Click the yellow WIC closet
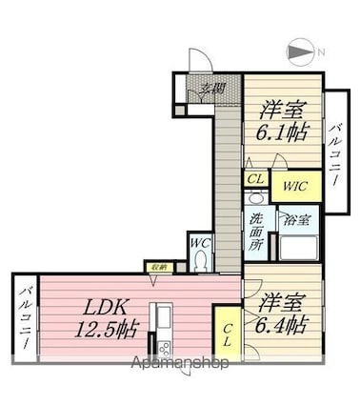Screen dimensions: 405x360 (294, 187)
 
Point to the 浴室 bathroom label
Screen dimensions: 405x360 (297, 219)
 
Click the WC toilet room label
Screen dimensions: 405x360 (201, 244)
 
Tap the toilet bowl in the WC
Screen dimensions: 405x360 (200, 262)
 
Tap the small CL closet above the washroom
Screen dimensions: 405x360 (254, 178)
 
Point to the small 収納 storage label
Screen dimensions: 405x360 (157, 268)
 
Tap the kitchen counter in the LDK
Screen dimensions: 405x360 (163, 329)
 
